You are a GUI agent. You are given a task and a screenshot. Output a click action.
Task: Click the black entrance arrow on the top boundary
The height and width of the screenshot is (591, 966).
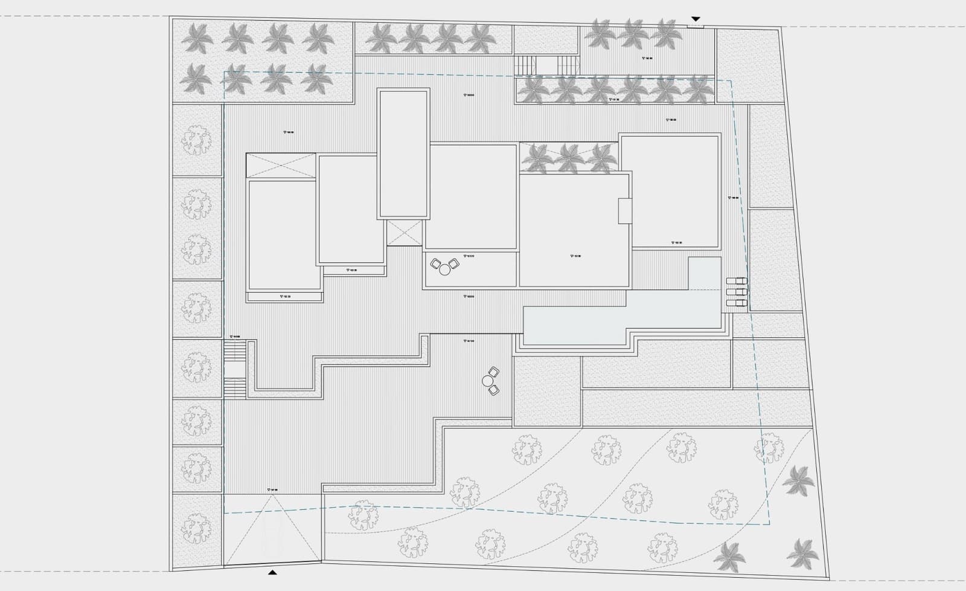coord(696,19)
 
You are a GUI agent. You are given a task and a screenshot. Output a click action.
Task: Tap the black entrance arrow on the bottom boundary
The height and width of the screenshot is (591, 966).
coord(272,571)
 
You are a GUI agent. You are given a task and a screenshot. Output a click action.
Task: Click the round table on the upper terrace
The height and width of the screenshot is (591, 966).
coord(445,270)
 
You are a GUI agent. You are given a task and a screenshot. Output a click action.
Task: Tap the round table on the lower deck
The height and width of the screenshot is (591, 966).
coord(488,381)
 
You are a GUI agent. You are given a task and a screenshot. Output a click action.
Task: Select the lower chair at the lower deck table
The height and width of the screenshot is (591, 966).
coord(494,390)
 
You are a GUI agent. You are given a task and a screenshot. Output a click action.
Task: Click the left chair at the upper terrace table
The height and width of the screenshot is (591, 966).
coord(436,263)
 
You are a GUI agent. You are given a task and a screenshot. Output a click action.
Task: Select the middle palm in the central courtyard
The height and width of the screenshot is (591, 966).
coord(569,157)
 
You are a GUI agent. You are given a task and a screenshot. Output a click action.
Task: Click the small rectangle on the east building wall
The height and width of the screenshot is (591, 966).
coord(624,211)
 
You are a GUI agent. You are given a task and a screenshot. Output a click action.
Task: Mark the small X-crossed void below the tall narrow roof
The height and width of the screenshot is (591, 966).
coord(405,233)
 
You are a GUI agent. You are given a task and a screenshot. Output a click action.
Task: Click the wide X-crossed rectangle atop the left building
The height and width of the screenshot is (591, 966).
coord(281,166)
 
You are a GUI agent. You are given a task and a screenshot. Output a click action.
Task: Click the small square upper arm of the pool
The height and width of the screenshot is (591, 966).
coord(705,273)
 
